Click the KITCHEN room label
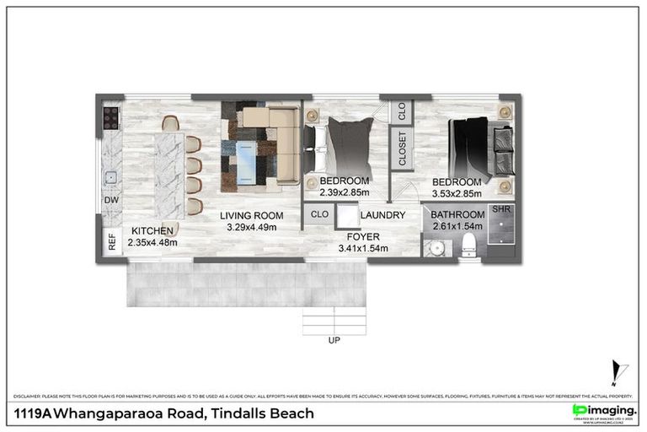(152, 230)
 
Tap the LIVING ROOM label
(251, 216)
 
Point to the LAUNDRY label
(383, 216)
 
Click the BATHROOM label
(458, 215)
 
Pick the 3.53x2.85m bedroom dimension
(457, 193)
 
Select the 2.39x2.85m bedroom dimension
(345, 193)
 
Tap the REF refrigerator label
(111, 241)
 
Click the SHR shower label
(501, 208)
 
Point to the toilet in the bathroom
(470, 246)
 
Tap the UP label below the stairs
(334, 342)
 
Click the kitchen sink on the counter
(110, 178)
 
